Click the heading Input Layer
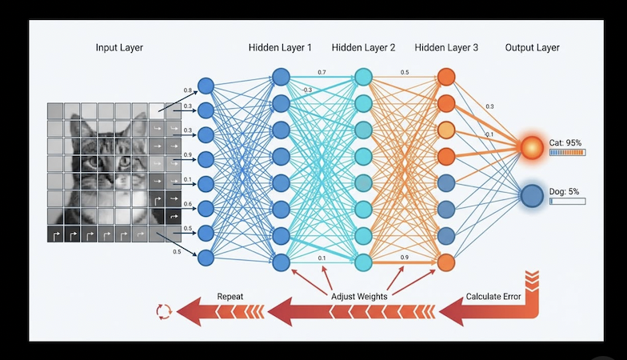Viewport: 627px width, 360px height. coord(121,48)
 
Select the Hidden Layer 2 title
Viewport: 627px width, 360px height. coord(363,48)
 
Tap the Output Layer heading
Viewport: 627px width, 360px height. coord(532,48)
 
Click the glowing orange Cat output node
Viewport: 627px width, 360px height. coord(532,147)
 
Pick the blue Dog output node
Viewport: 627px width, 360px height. coord(532,195)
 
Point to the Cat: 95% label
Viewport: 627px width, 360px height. coord(565,142)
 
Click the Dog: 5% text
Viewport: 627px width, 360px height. coord(565,190)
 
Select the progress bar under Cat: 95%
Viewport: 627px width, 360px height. coord(567,152)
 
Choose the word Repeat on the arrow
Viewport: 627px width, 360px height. coord(230,297)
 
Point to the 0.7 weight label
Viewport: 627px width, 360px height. coord(321,73)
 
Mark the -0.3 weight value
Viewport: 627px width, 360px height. coord(306,90)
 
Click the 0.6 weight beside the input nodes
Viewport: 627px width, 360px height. coord(186,204)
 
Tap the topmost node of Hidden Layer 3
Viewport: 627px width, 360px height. coord(446,78)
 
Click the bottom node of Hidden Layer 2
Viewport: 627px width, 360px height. coord(363,262)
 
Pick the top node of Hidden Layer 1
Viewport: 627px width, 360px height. coord(280,78)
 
